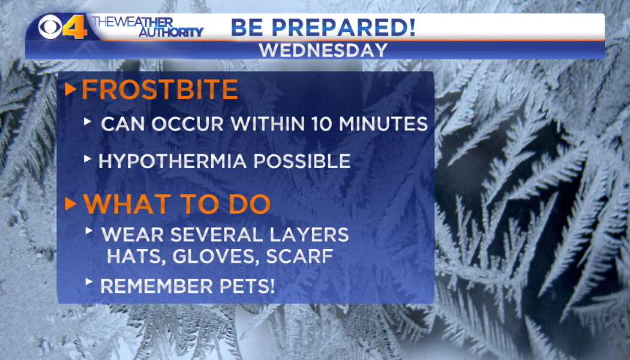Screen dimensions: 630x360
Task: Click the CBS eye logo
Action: [x=50, y=27]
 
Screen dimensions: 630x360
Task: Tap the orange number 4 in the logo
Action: [x=76, y=27]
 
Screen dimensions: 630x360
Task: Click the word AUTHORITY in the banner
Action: [x=171, y=32]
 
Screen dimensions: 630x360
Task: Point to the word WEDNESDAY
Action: [x=323, y=50]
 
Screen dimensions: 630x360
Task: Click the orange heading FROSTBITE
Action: [x=160, y=89]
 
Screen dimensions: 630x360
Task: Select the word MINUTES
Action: [x=384, y=124]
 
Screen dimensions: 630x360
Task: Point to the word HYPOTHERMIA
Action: [x=172, y=161]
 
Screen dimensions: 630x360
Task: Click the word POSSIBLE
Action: [x=302, y=161]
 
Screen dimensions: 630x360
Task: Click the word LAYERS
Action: [x=309, y=235]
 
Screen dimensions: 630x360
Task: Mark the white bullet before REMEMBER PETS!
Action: [x=89, y=281]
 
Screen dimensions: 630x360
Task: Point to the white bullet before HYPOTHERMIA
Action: [x=88, y=159]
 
